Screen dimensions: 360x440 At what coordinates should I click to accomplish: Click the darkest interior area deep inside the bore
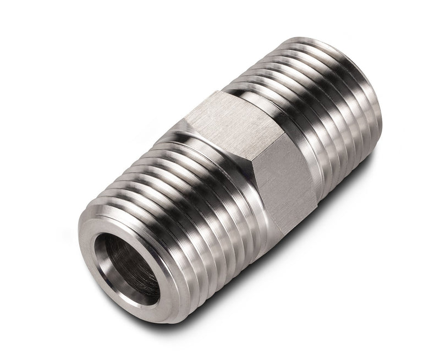click(x=118, y=264)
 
